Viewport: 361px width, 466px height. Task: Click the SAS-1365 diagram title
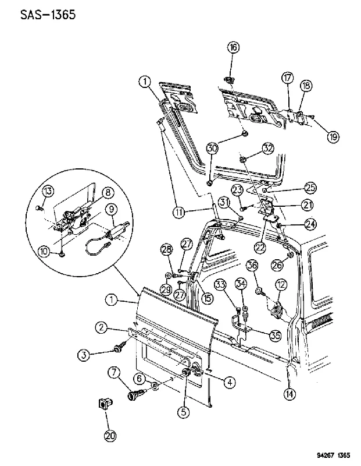[x=48, y=15]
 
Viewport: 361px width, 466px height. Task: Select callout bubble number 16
[x=234, y=48]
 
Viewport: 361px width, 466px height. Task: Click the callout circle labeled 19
[x=333, y=137]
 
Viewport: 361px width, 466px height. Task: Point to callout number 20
[x=110, y=436]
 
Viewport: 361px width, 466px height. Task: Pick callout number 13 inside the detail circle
[x=48, y=191]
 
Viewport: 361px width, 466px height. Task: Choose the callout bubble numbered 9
[x=111, y=209]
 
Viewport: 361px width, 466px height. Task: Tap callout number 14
[x=289, y=394]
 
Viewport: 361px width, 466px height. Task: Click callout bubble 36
[x=252, y=265]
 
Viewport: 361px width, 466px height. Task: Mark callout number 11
[x=180, y=212]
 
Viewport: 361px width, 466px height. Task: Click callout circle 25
[x=310, y=188]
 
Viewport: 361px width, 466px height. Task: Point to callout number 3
[x=84, y=355]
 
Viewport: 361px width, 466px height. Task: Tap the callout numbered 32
[x=268, y=149]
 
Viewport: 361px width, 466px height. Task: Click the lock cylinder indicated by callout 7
[x=135, y=394]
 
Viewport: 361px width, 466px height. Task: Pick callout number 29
[x=166, y=289]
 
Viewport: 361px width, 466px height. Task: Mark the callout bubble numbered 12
[x=281, y=285]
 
